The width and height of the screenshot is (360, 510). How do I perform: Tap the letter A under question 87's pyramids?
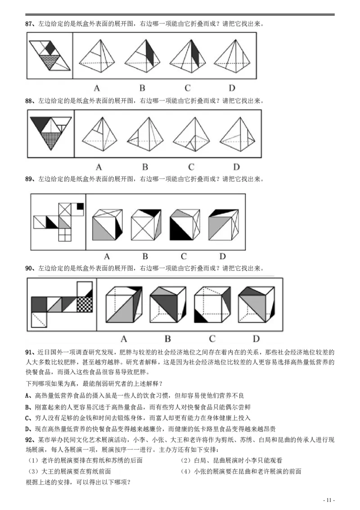[x=96, y=88]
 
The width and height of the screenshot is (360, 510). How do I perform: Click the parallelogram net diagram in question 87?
[x=50, y=55]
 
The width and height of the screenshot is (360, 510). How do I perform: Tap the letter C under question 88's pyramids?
[x=191, y=167]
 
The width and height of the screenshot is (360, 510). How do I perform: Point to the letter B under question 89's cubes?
[x=145, y=257]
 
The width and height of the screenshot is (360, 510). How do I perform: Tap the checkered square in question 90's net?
[x=84, y=304]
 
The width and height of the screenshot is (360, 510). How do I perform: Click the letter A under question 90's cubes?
[x=124, y=338]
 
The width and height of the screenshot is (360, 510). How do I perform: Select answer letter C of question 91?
[x=27, y=419]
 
